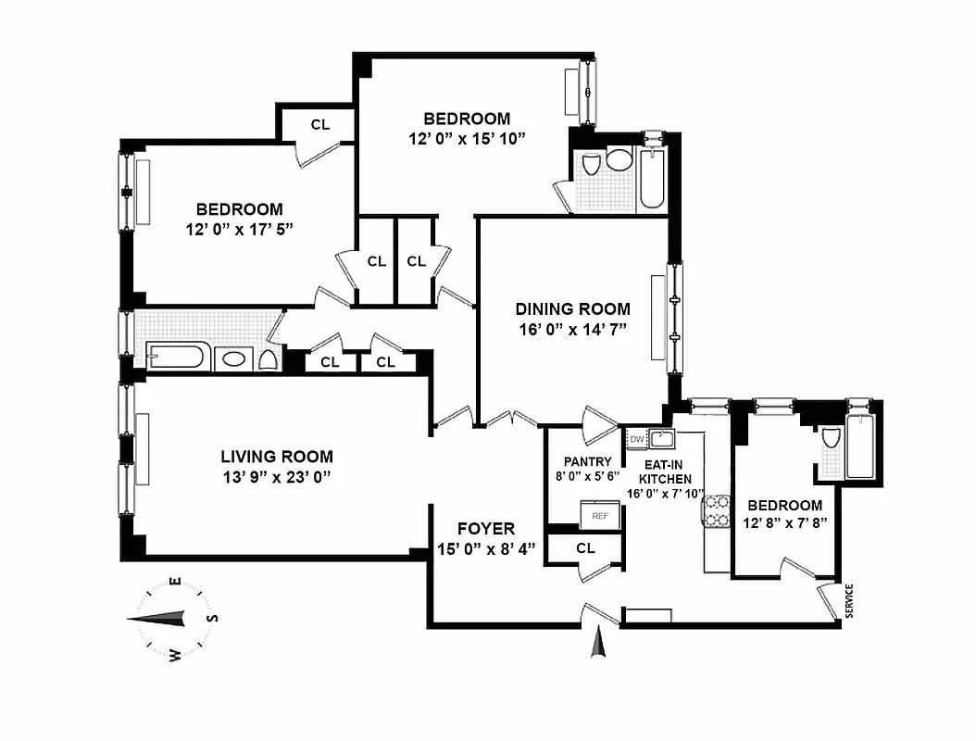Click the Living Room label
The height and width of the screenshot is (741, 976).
pyautogui.click(x=276, y=457)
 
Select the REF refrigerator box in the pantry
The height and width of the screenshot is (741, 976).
pyautogui.click(x=600, y=515)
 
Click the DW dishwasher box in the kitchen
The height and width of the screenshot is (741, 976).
pyautogui.click(x=637, y=437)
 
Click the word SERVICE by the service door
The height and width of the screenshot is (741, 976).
pyautogui.click(x=849, y=600)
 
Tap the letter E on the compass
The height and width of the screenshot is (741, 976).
pyautogui.click(x=174, y=583)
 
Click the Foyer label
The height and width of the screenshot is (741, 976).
pyautogui.click(x=486, y=529)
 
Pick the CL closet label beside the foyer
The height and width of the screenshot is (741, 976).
pyautogui.click(x=585, y=548)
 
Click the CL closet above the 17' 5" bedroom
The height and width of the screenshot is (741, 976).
pyautogui.click(x=319, y=124)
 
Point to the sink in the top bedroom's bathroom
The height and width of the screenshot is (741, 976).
pyautogui.click(x=617, y=162)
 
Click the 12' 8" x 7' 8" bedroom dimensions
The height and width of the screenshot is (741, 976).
pyautogui.click(x=784, y=523)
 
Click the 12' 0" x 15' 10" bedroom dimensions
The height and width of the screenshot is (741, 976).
pyautogui.click(x=467, y=138)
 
